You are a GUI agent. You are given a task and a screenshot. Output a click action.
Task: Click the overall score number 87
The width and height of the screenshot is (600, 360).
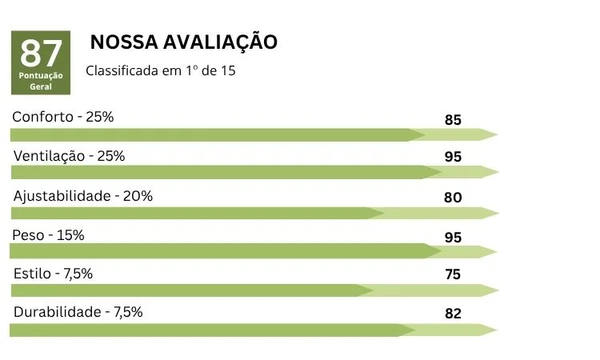click(41, 54)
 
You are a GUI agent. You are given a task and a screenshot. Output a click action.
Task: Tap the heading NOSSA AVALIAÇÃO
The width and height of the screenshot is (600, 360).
click(184, 42)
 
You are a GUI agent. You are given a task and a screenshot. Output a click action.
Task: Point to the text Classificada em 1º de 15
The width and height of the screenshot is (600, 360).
click(161, 70)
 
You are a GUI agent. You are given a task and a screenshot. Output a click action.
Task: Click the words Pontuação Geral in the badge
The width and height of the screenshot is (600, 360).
click(41, 80)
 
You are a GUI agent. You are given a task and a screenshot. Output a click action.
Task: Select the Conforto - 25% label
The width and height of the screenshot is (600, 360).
click(62, 117)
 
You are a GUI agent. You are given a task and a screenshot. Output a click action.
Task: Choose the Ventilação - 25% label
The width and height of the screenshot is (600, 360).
click(69, 156)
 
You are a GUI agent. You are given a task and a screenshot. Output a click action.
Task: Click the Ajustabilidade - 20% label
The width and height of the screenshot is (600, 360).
click(83, 195)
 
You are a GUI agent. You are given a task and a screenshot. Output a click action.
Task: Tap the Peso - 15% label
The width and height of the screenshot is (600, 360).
click(49, 234)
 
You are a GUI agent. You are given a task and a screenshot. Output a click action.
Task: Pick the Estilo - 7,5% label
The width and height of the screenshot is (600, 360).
click(53, 274)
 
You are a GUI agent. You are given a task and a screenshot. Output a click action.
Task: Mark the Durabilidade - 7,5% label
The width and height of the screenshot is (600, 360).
click(78, 312)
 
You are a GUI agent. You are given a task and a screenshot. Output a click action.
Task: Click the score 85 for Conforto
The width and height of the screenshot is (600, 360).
click(453, 121)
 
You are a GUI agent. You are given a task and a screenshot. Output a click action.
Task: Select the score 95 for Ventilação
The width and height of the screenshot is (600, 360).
click(453, 158)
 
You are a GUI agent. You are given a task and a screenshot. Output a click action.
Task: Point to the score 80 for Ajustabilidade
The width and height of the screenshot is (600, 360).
click(453, 197)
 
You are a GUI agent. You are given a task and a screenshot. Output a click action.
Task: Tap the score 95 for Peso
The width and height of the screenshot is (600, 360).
click(453, 237)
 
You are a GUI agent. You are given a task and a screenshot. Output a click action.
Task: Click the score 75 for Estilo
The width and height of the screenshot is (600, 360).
click(453, 274)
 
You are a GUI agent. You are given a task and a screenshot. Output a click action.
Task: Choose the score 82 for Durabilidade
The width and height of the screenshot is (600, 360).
click(453, 314)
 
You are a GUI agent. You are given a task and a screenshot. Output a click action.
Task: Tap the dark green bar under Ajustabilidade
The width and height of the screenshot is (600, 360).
click(192, 213)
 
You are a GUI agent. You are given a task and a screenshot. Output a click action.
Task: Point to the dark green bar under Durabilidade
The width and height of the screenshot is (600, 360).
click(208, 330)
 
